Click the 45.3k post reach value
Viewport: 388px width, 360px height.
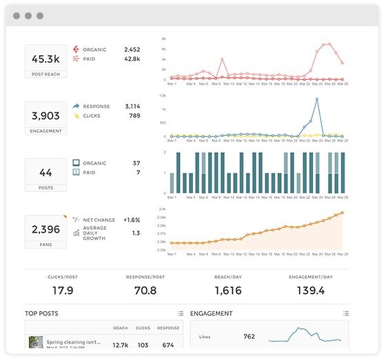point(45,59)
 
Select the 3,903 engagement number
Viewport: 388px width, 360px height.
point(45,116)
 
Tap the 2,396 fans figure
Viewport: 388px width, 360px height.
point(45,229)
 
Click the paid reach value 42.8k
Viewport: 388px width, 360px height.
point(132,60)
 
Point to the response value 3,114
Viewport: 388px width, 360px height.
point(132,107)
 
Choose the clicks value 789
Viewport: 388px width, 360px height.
point(134,116)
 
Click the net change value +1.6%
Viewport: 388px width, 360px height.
point(132,220)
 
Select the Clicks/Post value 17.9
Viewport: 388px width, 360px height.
point(62,290)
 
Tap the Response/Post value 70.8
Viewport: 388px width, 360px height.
point(145,290)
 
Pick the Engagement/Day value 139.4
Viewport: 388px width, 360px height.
point(311,290)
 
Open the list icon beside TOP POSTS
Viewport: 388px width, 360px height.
point(180,313)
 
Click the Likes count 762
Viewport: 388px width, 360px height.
point(249,337)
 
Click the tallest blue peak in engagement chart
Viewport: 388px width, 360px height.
point(317,99)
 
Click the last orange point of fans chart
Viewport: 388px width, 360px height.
point(342,213)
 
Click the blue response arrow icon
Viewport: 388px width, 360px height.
point(76,107)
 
